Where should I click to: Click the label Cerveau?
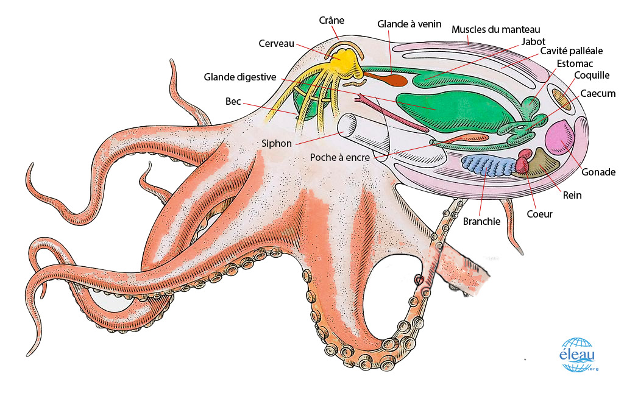(276, 43)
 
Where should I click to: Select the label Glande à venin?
(409, 24)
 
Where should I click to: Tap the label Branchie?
(481, 221)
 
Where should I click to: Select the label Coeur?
(539, 214)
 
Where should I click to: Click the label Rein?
(572, 195)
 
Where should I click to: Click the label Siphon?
(276, 143)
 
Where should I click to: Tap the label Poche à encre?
(339, 158)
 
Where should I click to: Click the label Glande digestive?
(240, 77)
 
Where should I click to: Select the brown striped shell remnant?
(561, 99)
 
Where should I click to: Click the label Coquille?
(591, 75)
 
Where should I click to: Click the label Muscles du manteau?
(496, 29)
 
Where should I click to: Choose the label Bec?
(233, 102)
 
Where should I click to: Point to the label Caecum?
(598, 94)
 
